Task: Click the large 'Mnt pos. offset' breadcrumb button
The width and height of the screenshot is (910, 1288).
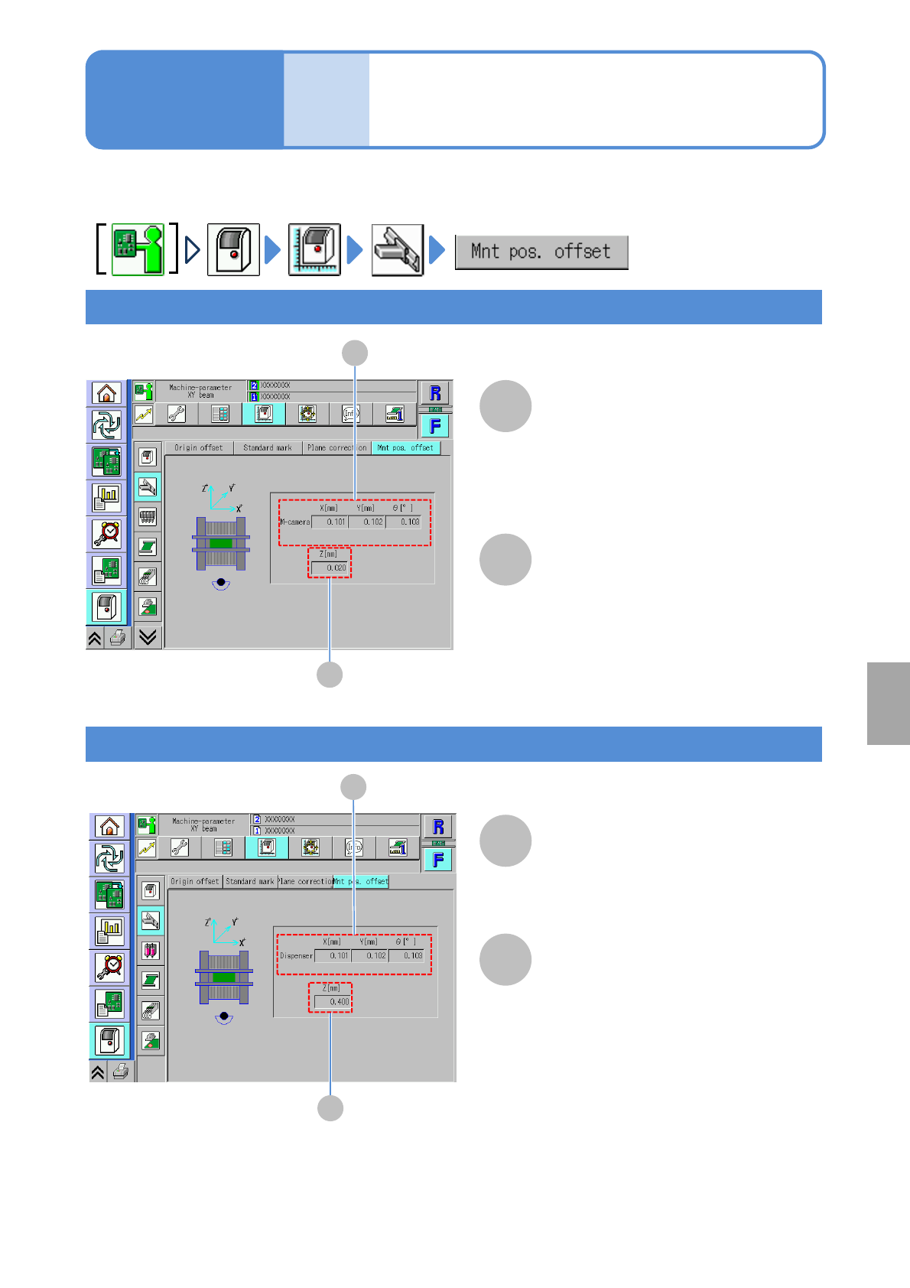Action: pyautogui.click(x=541, y=252)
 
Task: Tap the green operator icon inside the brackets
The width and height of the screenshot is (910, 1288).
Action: pyautogui.click(x=138, y=249)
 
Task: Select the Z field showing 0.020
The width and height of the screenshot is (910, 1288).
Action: pyautogui.click(x=330, y=568)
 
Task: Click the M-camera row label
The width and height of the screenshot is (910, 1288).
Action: pyautogui.click(x=294, y=522)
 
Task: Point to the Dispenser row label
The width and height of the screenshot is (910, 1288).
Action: pyautogui.click(x=296, y=956)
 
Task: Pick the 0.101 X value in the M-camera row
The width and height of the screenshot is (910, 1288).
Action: pyautogui.click(x=330, y=522)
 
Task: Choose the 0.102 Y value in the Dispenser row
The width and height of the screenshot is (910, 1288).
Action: pyautogui.click(x=370, y=956)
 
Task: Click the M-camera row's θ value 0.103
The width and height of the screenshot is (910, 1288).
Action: pyautogui.click(x=404, y=522)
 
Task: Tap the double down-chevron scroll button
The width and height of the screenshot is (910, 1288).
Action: pyautogui.click(x=148, y=637)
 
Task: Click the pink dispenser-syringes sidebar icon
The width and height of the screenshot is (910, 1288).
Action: pyautogui.click(x=151, y=951)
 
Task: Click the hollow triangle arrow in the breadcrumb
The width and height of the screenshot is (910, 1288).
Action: pyautogui.click(x=193, y=249)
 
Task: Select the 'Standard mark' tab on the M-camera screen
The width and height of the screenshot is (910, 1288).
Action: pyautogui.click(x=267, y=448)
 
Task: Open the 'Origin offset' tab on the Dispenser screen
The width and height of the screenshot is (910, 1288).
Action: pyautogui.click(x=194, y=882)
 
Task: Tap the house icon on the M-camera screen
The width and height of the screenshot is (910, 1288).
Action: pyautogui.click(x=106, y=393)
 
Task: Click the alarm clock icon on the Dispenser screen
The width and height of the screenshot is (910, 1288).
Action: pyautogui.click(x=110, y=967)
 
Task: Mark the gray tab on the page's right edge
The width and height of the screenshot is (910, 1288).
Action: pyautogui.click(x=889, y=704)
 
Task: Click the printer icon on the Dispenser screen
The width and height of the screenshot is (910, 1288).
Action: pyautogui.click(x=121, y=1072)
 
